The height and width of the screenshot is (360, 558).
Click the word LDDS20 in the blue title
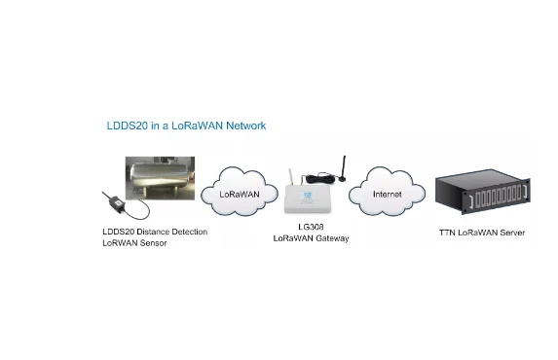(125, 126)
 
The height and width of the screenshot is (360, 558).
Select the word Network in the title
(242, 126)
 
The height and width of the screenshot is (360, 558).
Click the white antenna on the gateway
(289, 180)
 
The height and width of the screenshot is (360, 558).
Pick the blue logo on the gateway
(312, 195)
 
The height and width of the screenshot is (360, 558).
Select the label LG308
(311, 226)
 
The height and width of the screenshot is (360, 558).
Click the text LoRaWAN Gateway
(311, 238)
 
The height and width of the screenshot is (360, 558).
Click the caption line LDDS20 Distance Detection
(155, 232)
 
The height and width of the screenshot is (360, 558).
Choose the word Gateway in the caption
(331, 238)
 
